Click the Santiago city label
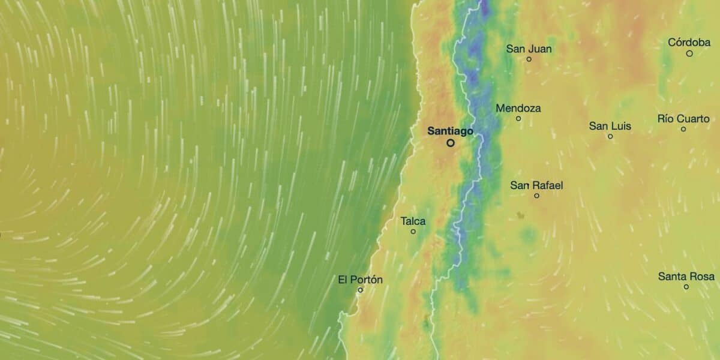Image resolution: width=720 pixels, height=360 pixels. [450, 130]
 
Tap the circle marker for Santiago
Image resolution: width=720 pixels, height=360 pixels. [450, 143]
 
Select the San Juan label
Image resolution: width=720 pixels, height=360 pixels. [529, 49]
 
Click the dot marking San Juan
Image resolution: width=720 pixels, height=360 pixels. [529, 59]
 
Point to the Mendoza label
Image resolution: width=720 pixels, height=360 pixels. [518, 109]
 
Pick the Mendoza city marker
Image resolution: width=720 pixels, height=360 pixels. [518, 118]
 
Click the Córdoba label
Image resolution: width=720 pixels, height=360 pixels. [689, 43]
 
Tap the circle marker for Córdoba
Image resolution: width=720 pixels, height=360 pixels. [689, 53]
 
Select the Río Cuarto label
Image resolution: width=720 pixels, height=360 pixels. [683, 118]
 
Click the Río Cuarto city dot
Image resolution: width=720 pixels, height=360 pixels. [683, 129]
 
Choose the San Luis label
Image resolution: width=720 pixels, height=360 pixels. [610, 126]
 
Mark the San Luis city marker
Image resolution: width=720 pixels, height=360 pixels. [610, 136]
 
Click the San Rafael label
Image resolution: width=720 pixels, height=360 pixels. [536, 185]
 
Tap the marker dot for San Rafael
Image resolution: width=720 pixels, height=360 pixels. [536, 196]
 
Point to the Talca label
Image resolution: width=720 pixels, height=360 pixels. [413, 221]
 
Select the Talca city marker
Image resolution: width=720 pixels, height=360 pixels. [413, 232]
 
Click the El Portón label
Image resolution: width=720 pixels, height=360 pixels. [360, 280]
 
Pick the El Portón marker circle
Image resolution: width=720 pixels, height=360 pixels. [360, 290]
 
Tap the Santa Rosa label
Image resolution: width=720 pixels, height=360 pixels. [686, 277]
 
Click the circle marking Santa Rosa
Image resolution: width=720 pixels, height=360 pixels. [686, 287]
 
